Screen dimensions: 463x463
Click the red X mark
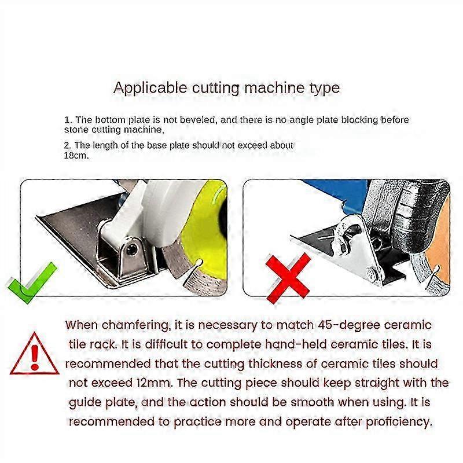point(288,278)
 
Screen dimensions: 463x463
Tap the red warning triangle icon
point(35,354)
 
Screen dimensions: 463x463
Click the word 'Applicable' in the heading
point(150,89)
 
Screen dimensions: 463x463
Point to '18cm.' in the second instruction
point(76,155)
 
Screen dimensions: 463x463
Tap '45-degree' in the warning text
point(349,325)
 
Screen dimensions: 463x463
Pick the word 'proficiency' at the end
point(399,422)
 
